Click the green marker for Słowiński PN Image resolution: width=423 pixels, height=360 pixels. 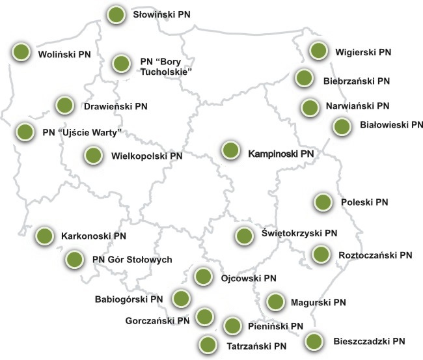click(x=116, y=14)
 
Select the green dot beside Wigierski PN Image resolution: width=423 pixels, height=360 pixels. click(x=318, y=50)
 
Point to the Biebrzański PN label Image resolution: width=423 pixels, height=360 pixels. click(x=356, y=81)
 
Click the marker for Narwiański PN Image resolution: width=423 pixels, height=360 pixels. click(x=309, y=107)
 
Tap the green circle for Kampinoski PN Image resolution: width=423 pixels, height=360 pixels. click(x=230, y=150)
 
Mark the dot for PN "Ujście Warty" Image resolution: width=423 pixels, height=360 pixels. click(x=24, y=131)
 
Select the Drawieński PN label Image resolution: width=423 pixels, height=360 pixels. click(x=115, y=105)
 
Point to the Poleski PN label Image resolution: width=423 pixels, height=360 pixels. click(x=364, y=202)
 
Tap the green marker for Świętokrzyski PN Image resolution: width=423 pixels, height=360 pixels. click(x=244, y=236)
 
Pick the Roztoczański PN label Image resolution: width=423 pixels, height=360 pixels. click(x=376, y=255)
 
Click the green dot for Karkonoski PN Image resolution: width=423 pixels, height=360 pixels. click(x=44, y=235)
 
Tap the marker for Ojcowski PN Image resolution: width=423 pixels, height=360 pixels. click(x=204, y=276)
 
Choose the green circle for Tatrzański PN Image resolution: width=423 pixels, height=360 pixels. click(x=208, y=344)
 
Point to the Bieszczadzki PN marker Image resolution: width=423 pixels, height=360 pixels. click(x=314, y=340)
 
